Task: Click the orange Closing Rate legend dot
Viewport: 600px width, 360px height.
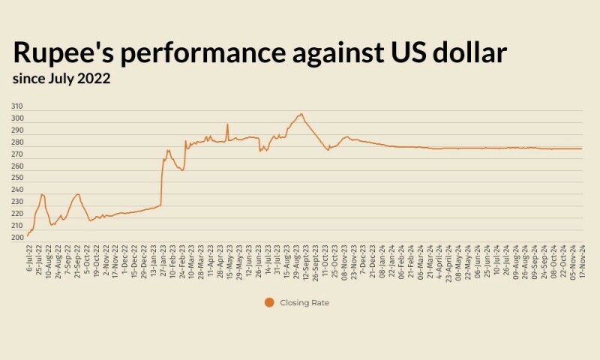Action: [x=269, y=302]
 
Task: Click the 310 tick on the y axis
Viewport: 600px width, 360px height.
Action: [x=17, y=106]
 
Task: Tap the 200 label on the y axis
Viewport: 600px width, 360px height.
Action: [x=17, y=238]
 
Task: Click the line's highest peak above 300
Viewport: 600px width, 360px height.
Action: [x=301, y=114]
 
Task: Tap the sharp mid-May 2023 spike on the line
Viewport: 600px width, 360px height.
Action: [x=227, y=124]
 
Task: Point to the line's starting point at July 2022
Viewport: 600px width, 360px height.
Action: [x=28, y=235]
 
